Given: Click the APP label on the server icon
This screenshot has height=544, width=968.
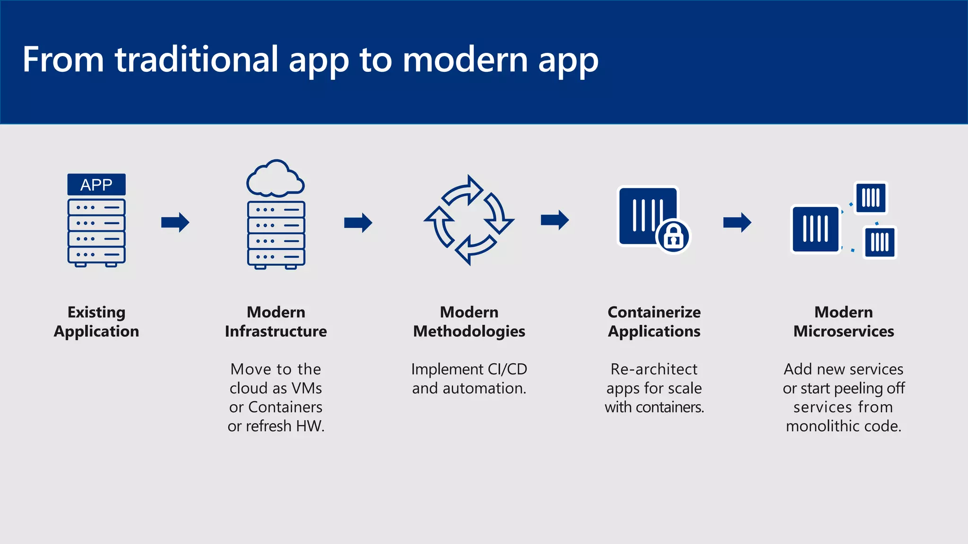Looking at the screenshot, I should click(96, 185).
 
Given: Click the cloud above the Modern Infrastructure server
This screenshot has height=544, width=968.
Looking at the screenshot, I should click(276, 179).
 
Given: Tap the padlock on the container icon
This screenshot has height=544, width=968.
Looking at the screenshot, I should click(674, 237).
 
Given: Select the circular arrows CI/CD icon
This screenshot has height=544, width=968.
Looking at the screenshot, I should click(469, 220).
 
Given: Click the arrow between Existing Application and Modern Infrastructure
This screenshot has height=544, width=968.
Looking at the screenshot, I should click(175, 222).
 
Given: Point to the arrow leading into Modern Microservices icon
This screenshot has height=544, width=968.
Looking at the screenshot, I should click(737, 222).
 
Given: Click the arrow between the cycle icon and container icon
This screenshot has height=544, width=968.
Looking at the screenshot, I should click(555, 220).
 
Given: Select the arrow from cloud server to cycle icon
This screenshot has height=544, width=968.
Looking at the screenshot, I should click(358, 222).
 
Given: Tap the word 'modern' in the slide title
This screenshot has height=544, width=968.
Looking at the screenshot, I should click(465, 60).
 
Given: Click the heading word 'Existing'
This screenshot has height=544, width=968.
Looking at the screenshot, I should click(96, 313).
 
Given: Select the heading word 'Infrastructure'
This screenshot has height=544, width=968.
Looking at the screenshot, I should click(276, 331).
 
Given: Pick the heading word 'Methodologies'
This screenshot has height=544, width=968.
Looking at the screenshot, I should click(469, 332).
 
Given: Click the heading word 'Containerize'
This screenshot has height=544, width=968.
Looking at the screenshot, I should click(654, 313).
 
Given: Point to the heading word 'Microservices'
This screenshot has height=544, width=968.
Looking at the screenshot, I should click(844, 331).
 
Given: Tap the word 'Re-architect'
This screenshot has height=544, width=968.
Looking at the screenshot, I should click(654, 369).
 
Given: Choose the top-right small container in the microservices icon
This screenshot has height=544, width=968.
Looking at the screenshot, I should click(871, 198).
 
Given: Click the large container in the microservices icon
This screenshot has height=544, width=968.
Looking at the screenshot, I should click(816, 229).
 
